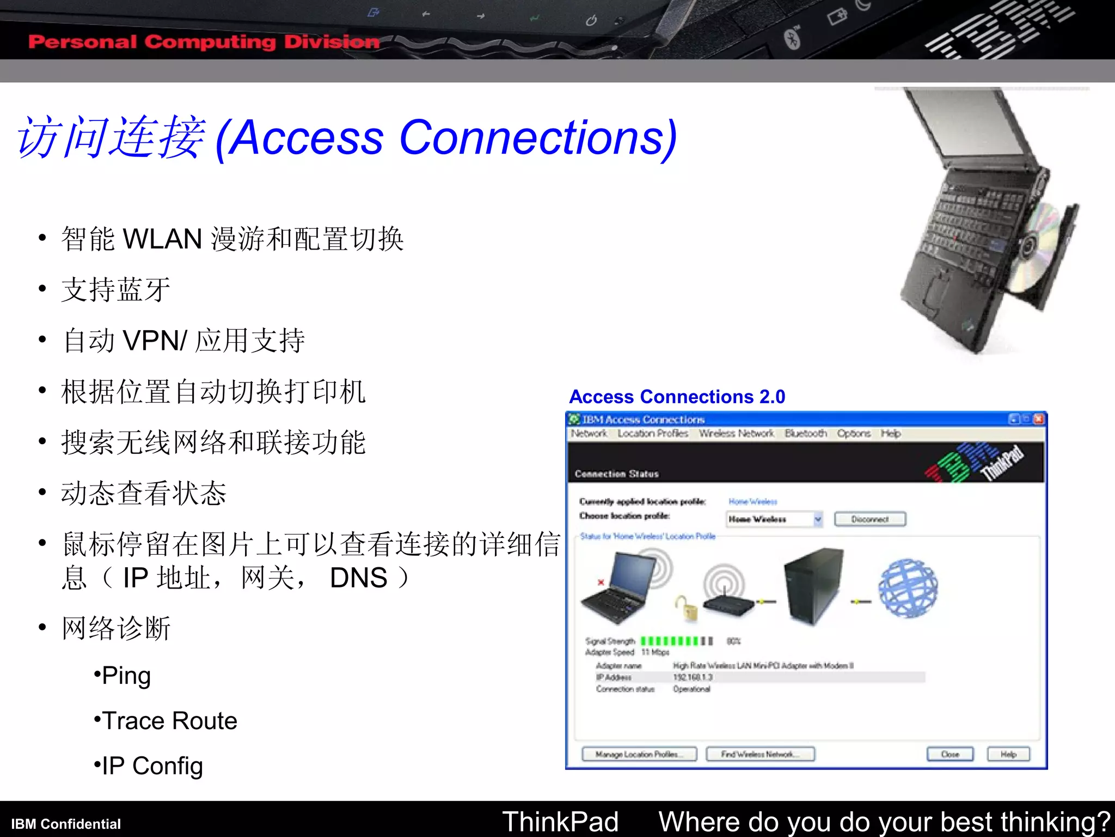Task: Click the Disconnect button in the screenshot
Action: [869, 519]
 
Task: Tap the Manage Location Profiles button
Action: [639, 754]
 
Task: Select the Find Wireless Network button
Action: [760, 754]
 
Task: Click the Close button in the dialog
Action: [950, 754]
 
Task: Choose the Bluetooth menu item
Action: [805, 434]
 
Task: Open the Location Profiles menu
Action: [653, 434]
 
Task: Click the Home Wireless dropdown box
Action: [774, 519]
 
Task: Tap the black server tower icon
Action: [813, 586]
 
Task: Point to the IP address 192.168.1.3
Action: [693, 677]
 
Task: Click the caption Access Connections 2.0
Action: [677, 397]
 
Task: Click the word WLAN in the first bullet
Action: [162, 239]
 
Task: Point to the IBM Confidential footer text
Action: [66, 824]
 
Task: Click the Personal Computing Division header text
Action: [204, 42]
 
